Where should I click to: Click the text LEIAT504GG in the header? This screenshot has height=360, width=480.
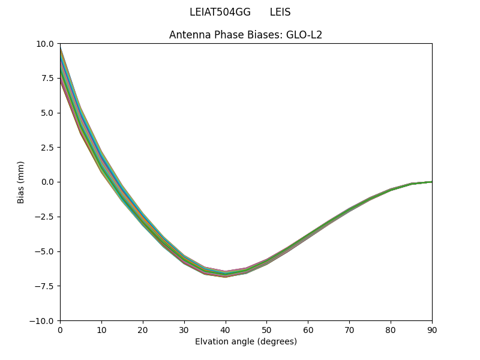tap(220, 12)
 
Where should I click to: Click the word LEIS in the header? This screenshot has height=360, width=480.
tap(280, 12)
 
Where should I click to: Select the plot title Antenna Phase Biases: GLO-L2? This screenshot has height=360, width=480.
tap(245, 35)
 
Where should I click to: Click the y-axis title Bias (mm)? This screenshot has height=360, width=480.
tap(21, 182)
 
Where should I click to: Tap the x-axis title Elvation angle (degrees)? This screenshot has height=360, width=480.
tap(245, 342)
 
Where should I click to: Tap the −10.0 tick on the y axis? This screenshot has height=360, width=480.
tap(43, 320)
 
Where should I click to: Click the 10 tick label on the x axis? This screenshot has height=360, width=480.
tap(101, 329)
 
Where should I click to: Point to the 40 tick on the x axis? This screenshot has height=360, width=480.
tap(225, 329)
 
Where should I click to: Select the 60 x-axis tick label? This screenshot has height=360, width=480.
tap(308, 329)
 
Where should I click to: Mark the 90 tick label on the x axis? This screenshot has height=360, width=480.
tap(432, 329)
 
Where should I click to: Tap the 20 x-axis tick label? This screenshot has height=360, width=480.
tap(143, 329)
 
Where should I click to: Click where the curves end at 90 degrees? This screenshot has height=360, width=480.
tap(431, 182)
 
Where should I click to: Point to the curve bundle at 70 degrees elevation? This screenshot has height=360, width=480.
tap(349, 209)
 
